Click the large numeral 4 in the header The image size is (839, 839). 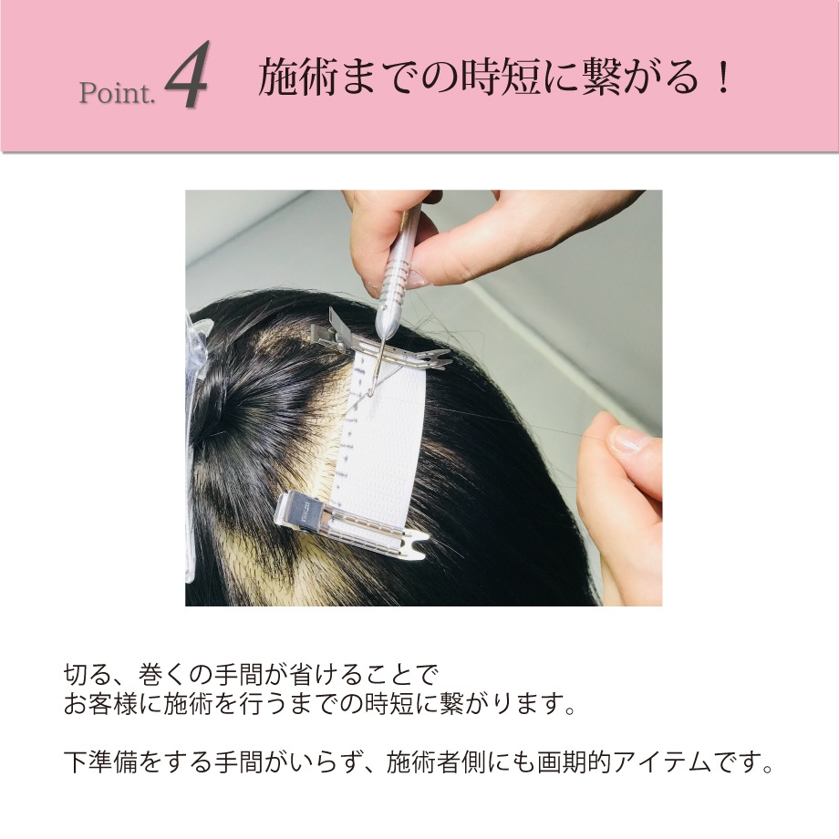187,75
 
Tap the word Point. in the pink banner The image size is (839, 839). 117,93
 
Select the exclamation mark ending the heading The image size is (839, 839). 724,78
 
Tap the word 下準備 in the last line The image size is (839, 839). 100,762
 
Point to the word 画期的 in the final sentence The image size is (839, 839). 575,762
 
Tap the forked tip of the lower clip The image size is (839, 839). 419,544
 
